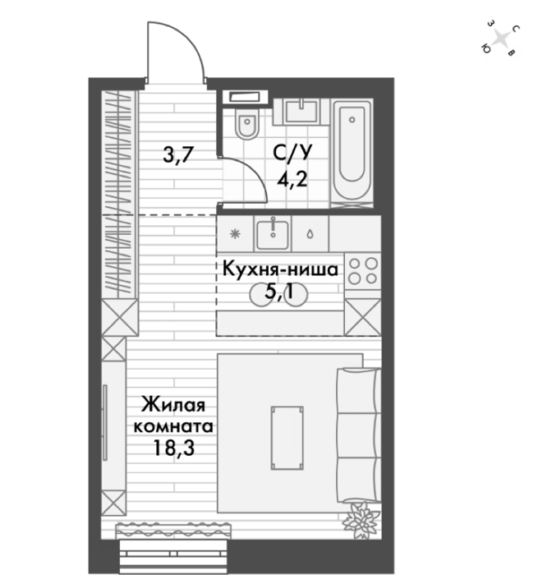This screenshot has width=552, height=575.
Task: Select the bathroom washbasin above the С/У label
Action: point(301,111)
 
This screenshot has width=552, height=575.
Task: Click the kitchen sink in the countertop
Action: point(273,234)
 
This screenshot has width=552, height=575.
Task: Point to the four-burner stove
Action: point(363,271)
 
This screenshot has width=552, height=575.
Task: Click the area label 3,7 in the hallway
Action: point(178,154)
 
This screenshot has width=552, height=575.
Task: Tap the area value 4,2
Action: point(292,180)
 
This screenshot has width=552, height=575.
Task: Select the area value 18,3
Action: point(173,448)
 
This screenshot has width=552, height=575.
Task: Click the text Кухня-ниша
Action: point(280,270)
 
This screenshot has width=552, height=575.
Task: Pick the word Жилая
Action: point(173,405)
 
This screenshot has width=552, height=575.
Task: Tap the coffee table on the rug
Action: point(287,438)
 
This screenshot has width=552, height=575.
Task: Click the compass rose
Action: point(500,38)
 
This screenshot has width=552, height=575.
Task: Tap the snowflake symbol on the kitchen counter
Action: point(235,234)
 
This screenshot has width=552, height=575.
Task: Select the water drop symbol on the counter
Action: point(310,234)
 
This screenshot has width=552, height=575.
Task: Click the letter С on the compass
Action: point(516,29)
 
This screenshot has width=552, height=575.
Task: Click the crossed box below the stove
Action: point(363,317)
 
